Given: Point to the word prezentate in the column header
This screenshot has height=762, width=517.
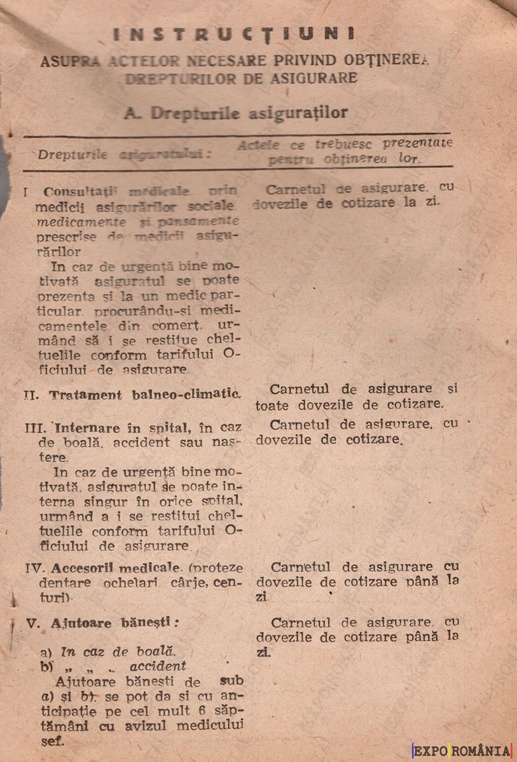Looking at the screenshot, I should coord(418,144).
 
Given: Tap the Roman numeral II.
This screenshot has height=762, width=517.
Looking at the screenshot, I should coord(31,394).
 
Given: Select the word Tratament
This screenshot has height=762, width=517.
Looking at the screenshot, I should coord(86,394).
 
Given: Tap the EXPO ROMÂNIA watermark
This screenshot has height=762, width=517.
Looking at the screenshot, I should coord(462,751).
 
